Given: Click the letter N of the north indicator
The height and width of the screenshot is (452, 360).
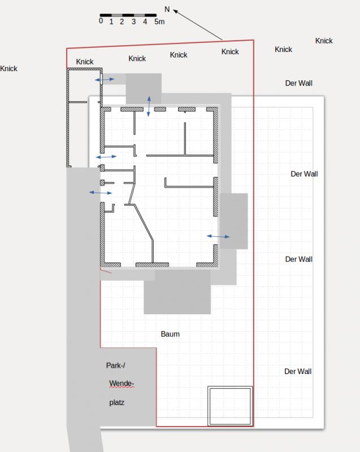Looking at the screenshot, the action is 167,9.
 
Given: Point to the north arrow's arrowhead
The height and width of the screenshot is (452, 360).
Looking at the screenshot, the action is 175,11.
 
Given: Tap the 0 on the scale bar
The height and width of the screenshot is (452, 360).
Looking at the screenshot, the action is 101,21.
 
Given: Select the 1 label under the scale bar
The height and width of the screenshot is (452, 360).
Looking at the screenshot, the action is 111,21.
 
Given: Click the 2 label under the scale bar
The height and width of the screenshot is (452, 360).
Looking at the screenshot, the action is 122,21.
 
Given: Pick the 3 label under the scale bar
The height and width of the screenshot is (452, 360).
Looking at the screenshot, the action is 133,21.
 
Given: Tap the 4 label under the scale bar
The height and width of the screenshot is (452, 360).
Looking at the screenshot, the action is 145,21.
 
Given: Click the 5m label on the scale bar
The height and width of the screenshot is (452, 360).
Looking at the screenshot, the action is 159,21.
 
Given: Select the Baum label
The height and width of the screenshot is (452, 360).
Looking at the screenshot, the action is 170,334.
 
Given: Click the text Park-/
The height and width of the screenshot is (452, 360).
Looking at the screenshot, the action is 116,366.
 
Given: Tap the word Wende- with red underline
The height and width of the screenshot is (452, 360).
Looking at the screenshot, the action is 122,384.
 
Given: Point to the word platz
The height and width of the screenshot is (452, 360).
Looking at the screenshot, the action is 117,402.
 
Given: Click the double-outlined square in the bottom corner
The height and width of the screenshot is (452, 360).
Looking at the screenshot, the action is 230,387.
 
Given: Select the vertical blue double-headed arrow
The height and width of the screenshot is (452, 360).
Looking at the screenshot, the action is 149,106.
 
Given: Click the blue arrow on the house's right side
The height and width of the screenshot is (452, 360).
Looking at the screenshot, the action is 218,236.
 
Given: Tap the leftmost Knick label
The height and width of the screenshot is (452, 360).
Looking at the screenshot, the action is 8,68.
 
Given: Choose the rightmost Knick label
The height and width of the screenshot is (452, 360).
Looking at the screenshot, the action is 324,41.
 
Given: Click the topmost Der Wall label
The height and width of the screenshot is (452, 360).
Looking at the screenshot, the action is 298,83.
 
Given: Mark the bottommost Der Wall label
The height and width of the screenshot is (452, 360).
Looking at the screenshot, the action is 298,372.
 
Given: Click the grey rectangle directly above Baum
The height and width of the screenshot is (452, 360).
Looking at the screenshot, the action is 177,291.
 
